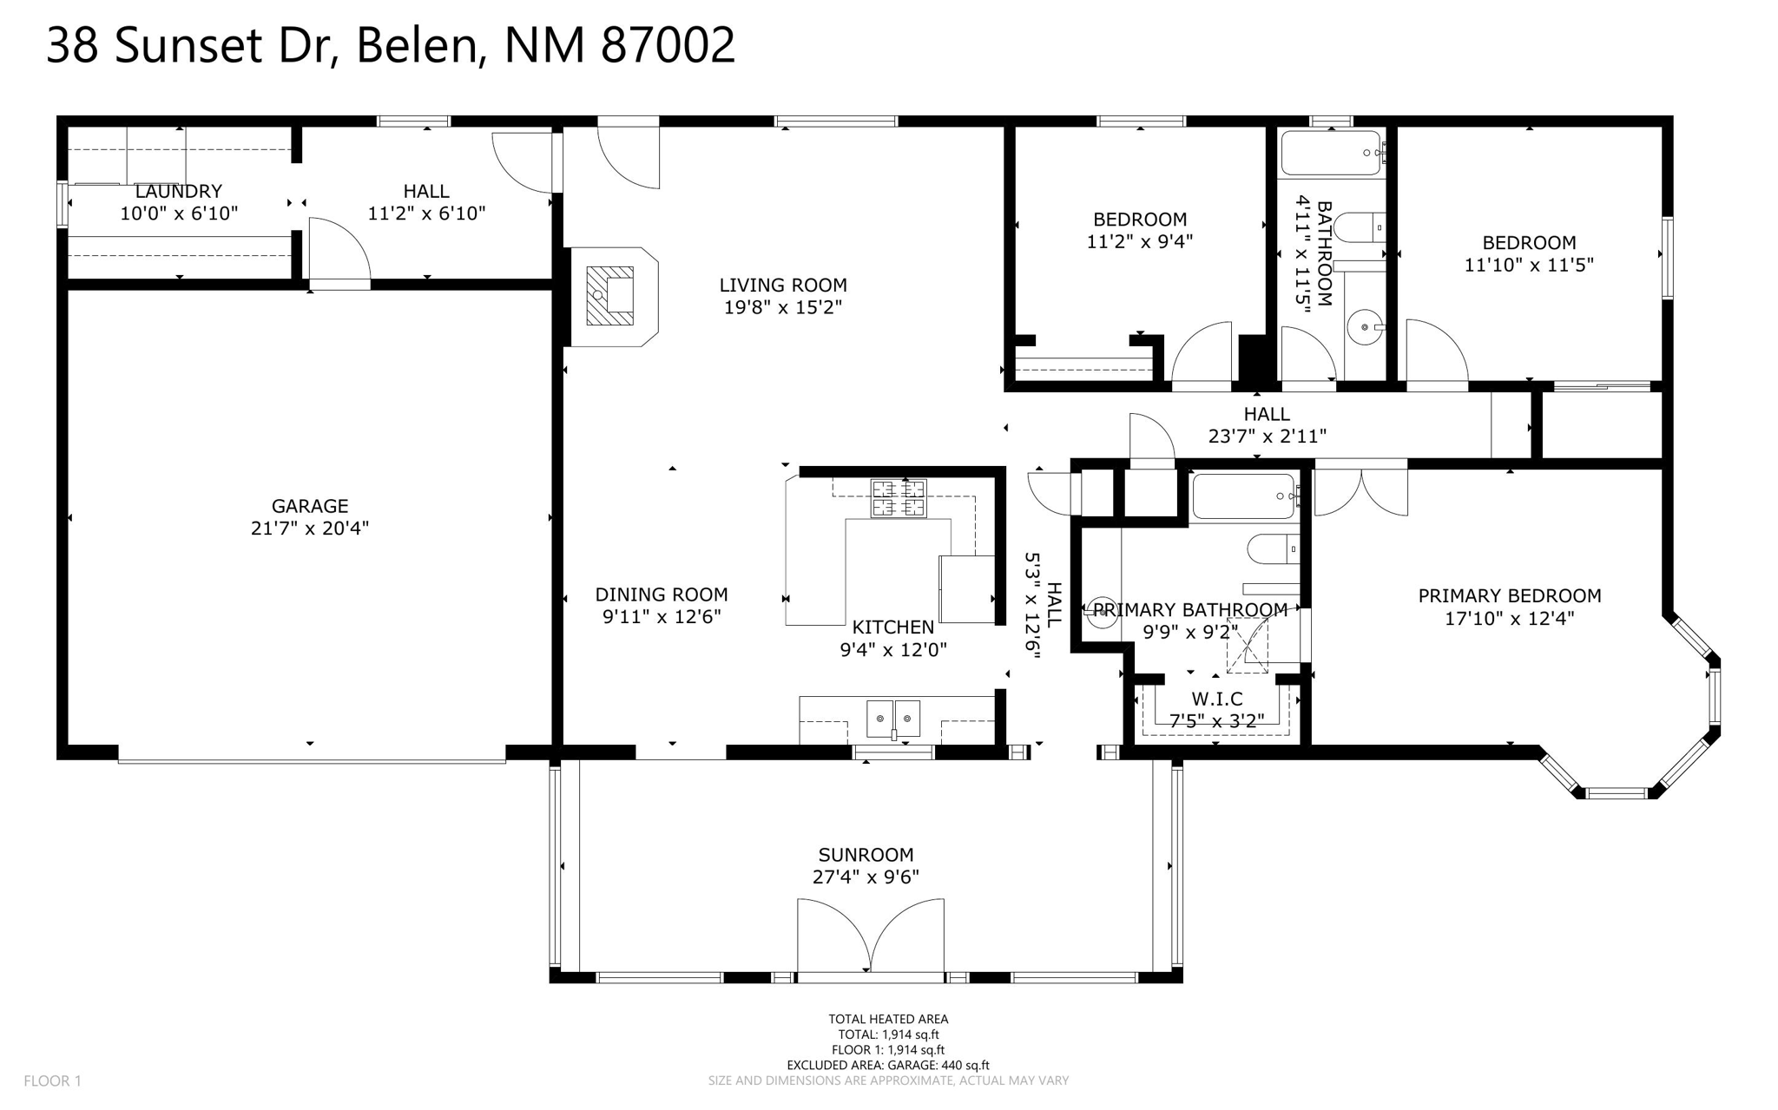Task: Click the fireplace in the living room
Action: click(610, 296)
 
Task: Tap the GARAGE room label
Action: click(310, 506)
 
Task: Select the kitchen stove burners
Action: click(899, 499)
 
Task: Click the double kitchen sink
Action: click(893, 719)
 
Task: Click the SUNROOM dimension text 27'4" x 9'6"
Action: click(866, 877)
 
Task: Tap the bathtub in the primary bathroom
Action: click(1244, 496)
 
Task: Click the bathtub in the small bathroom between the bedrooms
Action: click(1331, 153)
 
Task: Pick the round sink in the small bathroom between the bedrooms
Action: click(1365, 327)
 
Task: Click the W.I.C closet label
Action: click(1216, 699)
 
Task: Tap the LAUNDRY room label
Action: click(179, 191)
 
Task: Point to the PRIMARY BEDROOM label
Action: click(1510, 595)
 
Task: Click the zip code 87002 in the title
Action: click(668, 45)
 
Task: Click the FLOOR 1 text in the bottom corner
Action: click(52, 1080)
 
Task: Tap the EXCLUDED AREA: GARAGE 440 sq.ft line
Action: click(887, 1065)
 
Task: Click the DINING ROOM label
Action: click(662, 594)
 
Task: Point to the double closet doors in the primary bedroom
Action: click(1360, 492)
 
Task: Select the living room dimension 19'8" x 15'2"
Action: click(783, 307)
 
